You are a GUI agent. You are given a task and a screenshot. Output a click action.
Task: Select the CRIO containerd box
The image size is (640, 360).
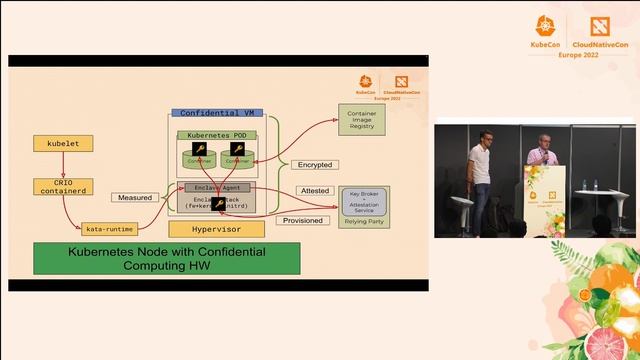(x=61, y=187)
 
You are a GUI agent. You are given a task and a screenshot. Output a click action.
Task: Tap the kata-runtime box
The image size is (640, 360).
(x=110, y=229)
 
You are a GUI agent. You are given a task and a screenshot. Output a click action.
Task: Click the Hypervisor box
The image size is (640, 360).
(x=221, y=229)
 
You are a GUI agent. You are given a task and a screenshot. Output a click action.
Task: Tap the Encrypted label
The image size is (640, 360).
(x=315, y=165)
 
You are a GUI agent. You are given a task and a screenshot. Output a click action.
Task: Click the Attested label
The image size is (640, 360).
(x=313, y=190)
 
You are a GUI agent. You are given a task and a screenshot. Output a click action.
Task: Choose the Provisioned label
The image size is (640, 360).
(x=303, y=220)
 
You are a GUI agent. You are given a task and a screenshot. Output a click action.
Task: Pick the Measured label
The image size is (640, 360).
(x=135, y=197)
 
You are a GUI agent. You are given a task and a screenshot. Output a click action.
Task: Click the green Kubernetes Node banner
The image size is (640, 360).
(x=166, y=258)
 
